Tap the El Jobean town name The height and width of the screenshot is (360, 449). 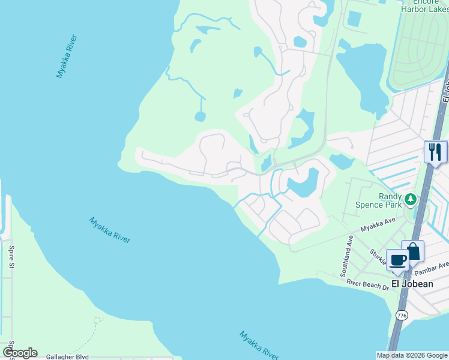(x=412, y=284)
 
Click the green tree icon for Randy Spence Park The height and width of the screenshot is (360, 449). (x=411, y=199)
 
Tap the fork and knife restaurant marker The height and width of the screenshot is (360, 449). (x=435, y=151)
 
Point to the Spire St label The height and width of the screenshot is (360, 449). (x=11, y=256)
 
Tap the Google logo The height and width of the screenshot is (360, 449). (x=19, y=353)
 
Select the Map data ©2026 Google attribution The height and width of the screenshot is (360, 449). (x=412, y=355)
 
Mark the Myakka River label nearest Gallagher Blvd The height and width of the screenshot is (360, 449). (x=259, y=346)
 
